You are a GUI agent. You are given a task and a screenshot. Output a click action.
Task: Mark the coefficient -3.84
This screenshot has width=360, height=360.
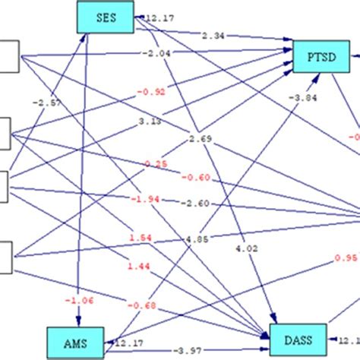301,97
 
